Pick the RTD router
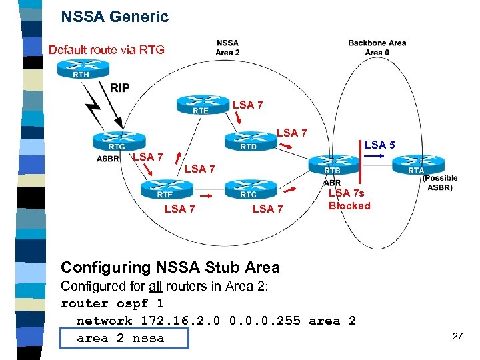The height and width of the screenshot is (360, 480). [248, 141]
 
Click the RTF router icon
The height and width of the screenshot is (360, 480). [165, 189]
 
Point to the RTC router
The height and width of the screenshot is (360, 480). [249, 189]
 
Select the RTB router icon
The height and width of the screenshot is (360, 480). [333, 165]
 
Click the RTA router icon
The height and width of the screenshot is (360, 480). [416, 165]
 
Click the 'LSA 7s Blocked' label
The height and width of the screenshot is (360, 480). [349, 199]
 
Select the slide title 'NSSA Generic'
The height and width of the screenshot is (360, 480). [115, 17]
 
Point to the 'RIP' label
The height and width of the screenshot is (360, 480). [120, 88]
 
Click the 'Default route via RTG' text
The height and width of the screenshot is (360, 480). [106, 50]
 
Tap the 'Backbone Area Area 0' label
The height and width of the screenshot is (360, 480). [377, 47]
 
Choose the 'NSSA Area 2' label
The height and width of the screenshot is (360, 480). [227, 47]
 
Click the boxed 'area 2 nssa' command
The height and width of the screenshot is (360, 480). [121, 338]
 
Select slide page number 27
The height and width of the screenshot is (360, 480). [457, 336]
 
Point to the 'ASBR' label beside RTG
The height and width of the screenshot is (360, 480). [108, 159]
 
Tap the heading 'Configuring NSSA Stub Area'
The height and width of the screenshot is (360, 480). [170, 267]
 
